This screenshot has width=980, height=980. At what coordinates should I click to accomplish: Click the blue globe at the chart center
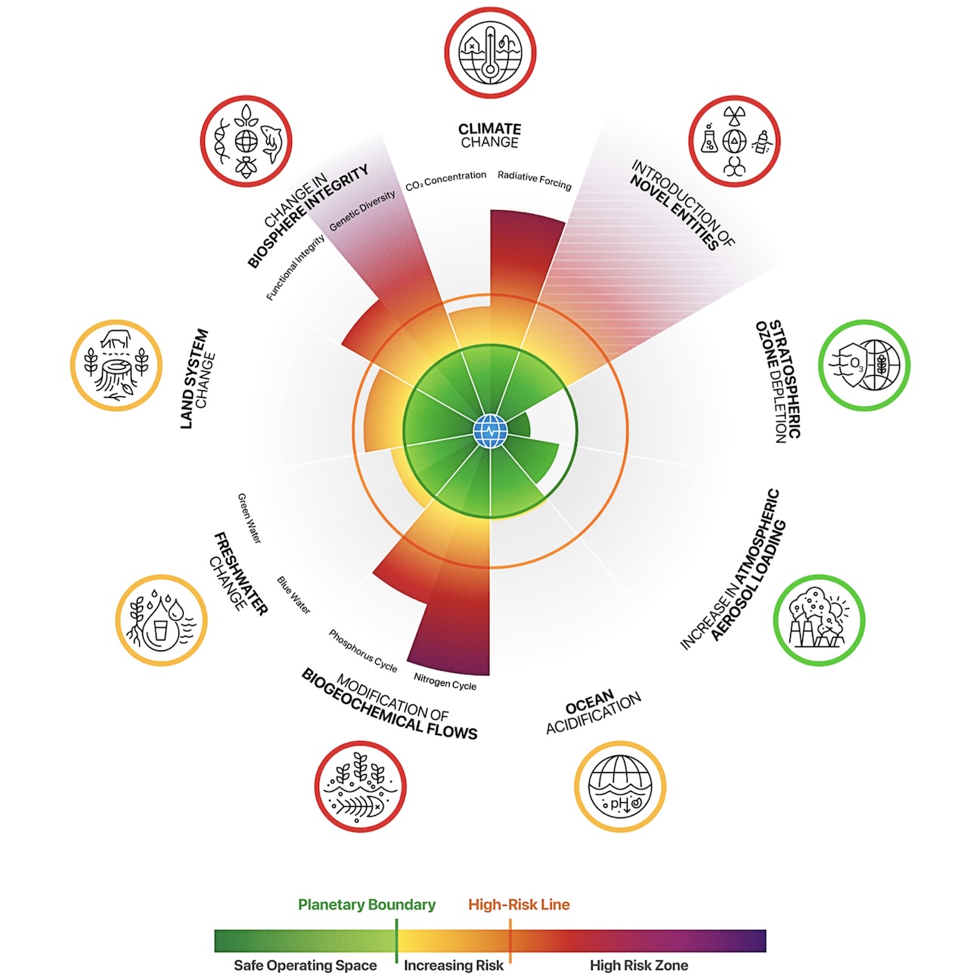pos(490,431)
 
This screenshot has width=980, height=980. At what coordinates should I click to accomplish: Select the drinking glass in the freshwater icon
pos(161,631)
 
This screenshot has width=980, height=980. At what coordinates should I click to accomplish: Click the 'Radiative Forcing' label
pos(534,180)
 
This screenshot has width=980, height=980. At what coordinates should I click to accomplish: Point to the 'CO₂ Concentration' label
pos(445,181)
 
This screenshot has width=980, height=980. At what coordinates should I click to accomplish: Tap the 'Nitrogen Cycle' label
pos(445,681)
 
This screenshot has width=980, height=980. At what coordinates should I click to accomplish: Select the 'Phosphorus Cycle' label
pos(362,650)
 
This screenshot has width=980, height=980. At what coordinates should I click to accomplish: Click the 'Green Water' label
pos(250,518)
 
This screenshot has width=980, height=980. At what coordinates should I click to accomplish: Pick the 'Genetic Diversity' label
pos(362,211)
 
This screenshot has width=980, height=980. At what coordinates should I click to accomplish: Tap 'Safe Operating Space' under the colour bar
pos(305,965)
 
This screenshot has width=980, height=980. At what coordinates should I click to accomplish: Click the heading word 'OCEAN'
pos(590,702)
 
